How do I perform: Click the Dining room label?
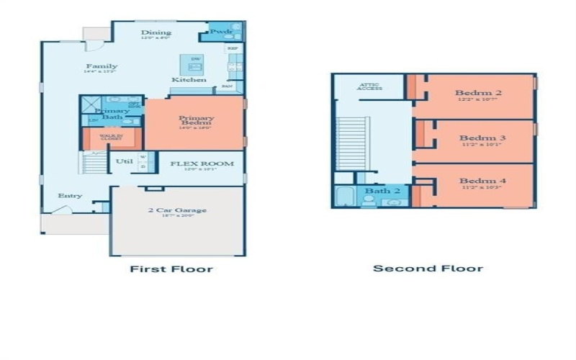click(156, 32)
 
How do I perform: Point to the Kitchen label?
click(189, 79)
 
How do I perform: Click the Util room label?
click(124, 161)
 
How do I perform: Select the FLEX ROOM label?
click(202, 163)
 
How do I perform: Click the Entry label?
click(71, 196)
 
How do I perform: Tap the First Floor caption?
click(171, 269)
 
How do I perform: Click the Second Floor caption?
click(428, 269)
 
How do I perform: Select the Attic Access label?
click(370, 87)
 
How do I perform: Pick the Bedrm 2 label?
click(478, 93)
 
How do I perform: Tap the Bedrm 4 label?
click(482, 181)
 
